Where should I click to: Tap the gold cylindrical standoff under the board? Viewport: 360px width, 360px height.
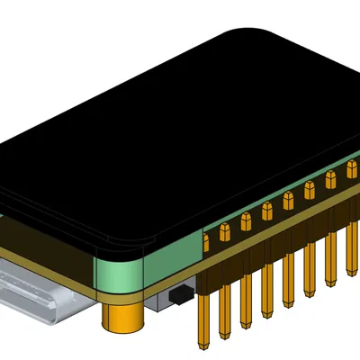pyautogui.click(x=123, y=319)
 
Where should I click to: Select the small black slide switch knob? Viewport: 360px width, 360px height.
pyautogui.click(x=180, y=293)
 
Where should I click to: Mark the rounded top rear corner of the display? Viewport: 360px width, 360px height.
pyautogui.click(x=243, y=34)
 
